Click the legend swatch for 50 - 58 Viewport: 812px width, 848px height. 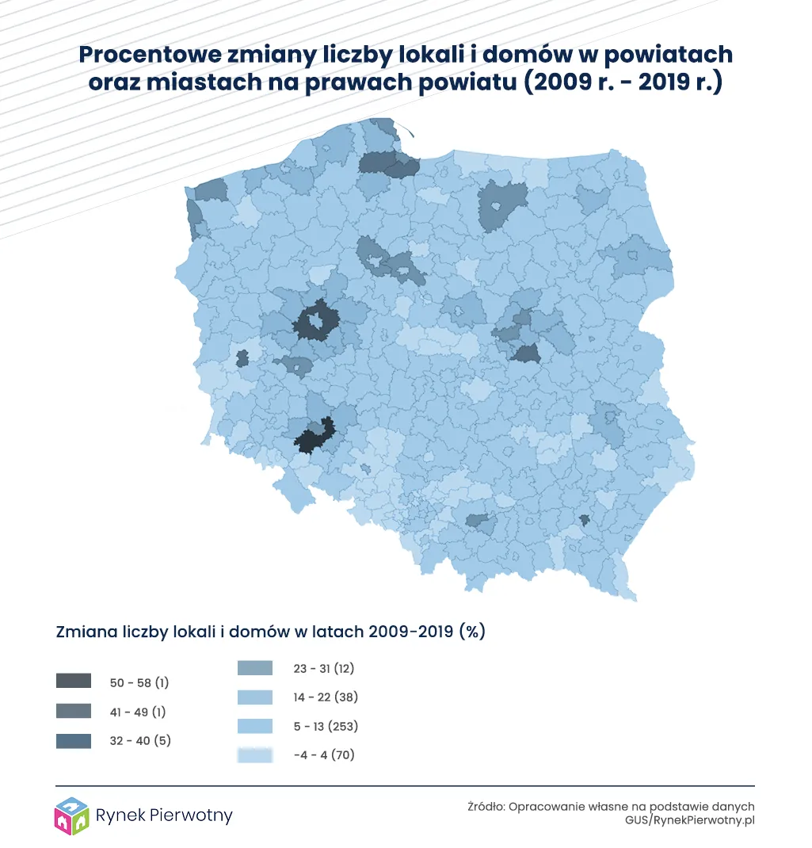(74, 682)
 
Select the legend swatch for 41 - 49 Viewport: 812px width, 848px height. (74, 711)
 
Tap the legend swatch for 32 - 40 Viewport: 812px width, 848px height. (74, 741)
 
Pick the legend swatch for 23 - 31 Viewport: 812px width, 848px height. (255, 668)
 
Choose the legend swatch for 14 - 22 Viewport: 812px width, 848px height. (255, 697)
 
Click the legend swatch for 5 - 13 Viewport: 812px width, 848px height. (255, 726)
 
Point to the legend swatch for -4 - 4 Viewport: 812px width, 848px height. (255, 755)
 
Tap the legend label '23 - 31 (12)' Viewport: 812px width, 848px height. (323, 668)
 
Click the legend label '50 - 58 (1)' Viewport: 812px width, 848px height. (139, 682)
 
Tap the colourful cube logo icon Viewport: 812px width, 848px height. (71, 816)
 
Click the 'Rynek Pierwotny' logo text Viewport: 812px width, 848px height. (163, 816)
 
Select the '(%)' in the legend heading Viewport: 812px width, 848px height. (472, 632)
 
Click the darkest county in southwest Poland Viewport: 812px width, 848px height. (311, 440)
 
